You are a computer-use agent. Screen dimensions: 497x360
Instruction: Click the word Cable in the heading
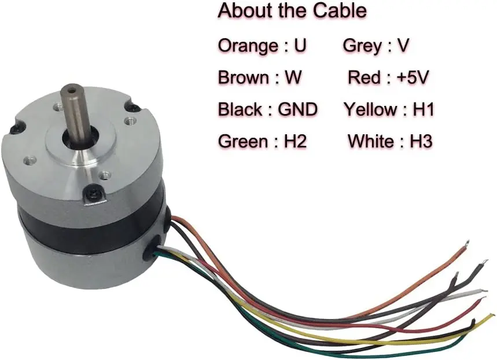point(338,11)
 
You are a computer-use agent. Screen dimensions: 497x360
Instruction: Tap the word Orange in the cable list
point(247,46)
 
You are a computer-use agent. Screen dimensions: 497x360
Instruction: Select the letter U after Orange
point(300,46)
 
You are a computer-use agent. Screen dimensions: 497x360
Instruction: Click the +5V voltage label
point(411,78)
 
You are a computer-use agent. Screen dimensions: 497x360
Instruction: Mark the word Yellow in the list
point(371,109)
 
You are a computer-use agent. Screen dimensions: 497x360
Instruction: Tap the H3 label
point(421,141)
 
